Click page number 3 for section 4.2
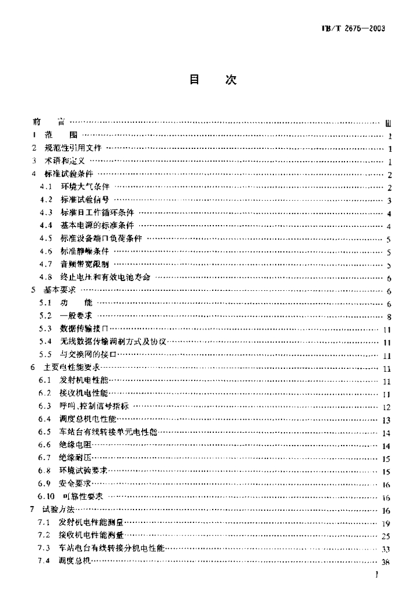(x=390, y=200)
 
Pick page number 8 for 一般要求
(x=390, y=316)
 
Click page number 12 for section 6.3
(x=387, y=407)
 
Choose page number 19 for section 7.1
(x=387, y=523)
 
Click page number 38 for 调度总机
(x=387, y=562)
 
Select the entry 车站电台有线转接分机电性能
(x=112, y=549)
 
